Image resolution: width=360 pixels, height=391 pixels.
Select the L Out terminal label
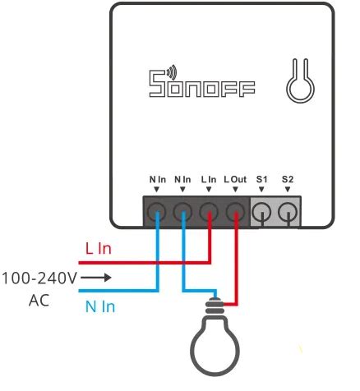click(x=234, y=179)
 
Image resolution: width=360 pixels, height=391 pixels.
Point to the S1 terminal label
click(x=262, y=179)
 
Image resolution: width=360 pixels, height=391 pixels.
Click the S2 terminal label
click(x=288, y=179)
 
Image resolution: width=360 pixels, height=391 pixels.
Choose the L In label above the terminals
click(x=208, y=179)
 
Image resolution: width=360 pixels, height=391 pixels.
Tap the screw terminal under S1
click(x=262, y=214)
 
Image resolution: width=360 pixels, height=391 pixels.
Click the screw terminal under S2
click(x=288, y=214)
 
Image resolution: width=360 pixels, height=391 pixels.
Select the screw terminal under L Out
click(x=236, y=214)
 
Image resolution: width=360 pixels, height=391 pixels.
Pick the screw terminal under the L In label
click(x=210, y=214)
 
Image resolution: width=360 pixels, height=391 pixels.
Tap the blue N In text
click(x=100, y=306)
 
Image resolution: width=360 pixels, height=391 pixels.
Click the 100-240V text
click(x=39, y=278)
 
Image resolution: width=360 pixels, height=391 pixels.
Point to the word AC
click(x=38, y=300)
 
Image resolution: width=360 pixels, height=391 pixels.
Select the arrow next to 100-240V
click(x=95, y=278)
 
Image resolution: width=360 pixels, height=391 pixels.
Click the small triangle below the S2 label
click(x=288, y=189)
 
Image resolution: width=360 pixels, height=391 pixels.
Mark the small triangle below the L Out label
click(x=235, y=189)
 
